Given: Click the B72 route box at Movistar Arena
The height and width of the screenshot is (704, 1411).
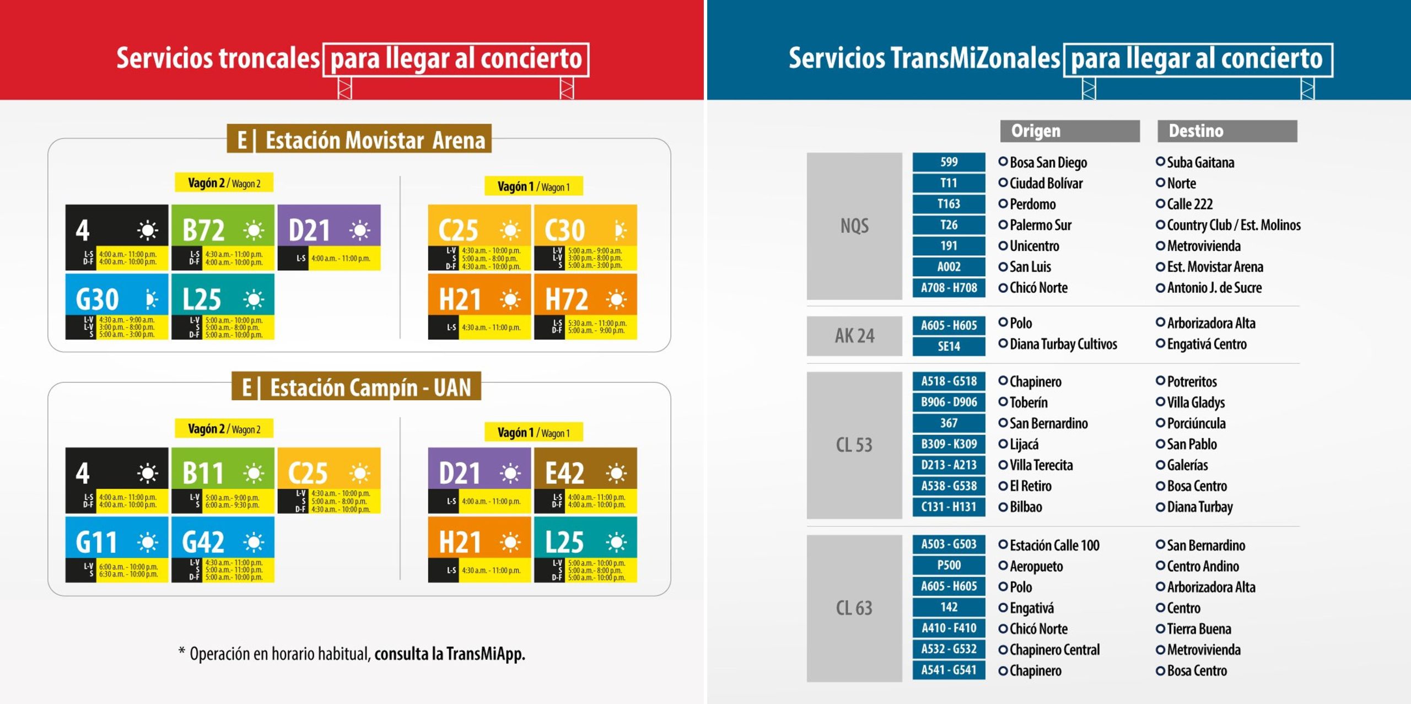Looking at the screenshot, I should (222, 237).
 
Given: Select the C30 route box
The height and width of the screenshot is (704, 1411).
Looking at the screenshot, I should (585, 237).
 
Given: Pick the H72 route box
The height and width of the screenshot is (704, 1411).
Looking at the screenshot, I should (585, 306).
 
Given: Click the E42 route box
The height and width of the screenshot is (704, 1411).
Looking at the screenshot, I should (585, 480).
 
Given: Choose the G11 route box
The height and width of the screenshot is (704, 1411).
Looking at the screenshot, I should (116, 549).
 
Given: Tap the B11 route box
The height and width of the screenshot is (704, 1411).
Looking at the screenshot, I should (222, 480).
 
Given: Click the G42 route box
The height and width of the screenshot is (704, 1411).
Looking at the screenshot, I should (222, 549).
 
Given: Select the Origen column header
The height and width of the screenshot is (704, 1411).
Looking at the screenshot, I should (1069, 131).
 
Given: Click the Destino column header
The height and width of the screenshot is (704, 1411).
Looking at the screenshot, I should (1226, 131).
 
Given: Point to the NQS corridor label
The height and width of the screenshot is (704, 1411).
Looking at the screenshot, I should (854, 226).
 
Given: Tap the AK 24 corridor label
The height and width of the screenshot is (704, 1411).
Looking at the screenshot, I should (854, 336).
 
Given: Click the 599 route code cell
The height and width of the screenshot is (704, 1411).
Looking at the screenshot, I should (949, 162).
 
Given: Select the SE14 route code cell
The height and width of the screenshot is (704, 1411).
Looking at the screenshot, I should (949, 346).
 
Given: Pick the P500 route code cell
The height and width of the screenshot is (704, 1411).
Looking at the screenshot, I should (949, 566).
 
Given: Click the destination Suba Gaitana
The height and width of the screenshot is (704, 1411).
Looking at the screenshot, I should (1200, 163).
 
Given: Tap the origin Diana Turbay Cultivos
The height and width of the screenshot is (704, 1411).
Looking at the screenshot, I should (1063, 345).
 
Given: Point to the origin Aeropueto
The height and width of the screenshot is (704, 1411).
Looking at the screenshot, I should (1036, 566).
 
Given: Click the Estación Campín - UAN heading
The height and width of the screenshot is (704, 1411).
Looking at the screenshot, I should (357, 388).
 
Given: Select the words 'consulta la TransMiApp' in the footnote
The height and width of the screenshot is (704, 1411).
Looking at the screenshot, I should (450, 654).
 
